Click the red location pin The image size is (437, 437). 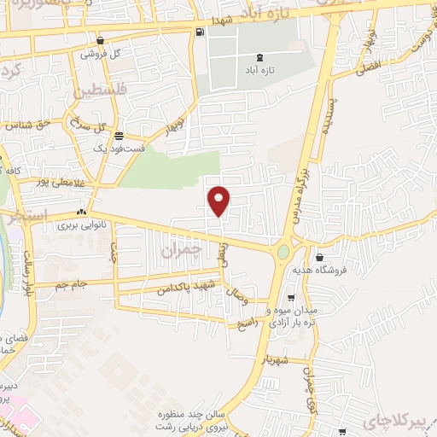(x=218, y=200)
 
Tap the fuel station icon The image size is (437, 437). (x=200, y=32)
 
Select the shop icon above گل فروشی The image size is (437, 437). (x=101, y=40)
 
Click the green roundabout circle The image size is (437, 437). (x=283, y=253)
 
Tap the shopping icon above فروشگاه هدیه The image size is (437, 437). (x=318, y=257)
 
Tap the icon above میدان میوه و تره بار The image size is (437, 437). (x=292, y=298)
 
